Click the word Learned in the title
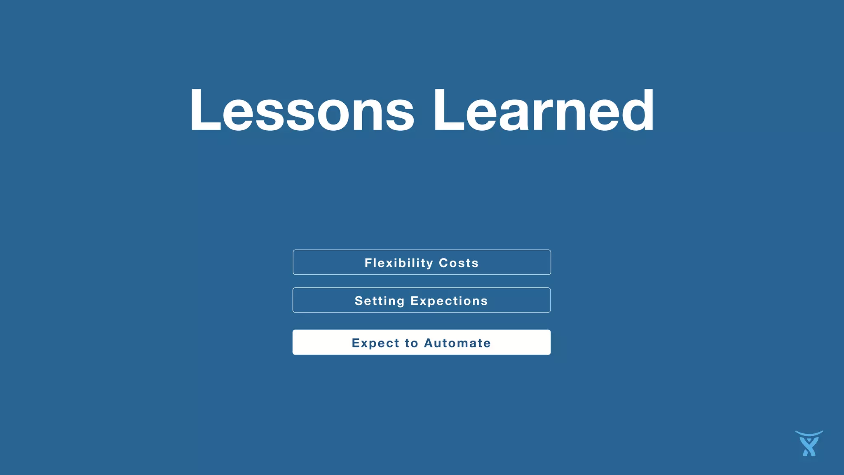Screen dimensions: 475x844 [x=543, y=111]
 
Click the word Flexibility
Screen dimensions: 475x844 [x=399, y=263]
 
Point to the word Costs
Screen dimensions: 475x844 [x=458, y=263]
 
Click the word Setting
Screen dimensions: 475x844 [x=380, y=301]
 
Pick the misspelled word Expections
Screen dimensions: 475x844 [x=449, y=301]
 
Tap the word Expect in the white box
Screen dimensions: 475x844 [x=375, y=343]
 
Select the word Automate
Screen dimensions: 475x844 [x=457, y=343]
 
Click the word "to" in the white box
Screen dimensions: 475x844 [x=411, y=343]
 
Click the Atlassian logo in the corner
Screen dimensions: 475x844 [x=809, y=444]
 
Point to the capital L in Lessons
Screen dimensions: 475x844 [x=204, y=111]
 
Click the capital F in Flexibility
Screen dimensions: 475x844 [x=368, y=263]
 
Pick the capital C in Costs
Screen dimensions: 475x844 [x=444, y=263]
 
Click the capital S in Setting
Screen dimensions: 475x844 [x=359, y=301]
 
